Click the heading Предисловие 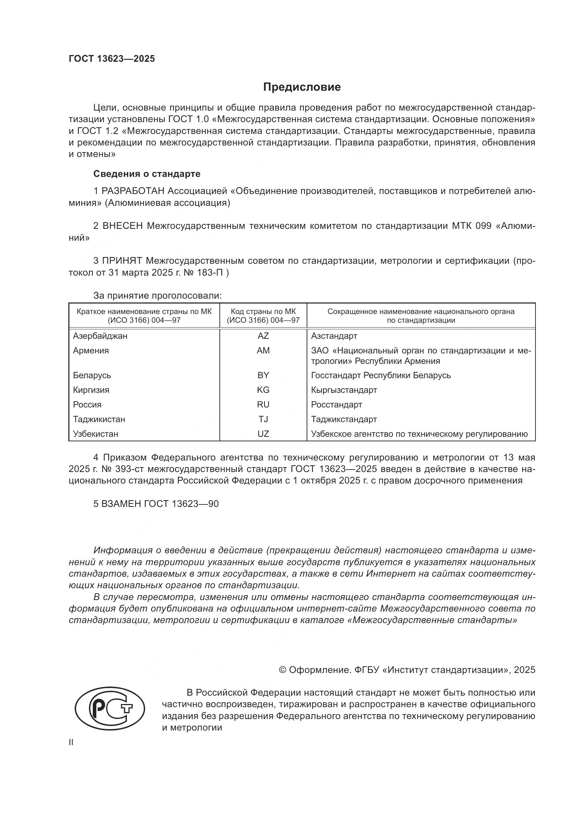[x=302, y=87]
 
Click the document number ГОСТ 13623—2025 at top [x=112, y=59]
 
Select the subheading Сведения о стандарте [x=147, y=174]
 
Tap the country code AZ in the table [x=263, y=336]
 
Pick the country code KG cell [x=263, y=390]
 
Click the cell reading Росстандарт [x=336, y=404]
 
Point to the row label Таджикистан [x=99, y=419]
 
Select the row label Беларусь [x=92, y=375]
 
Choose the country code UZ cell [x=263, y=434]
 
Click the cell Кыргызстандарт [x=344, y=390]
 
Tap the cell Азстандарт [x=334, y=336]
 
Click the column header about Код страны [x=263, y=316]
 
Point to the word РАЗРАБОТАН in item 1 [x=133, y=191]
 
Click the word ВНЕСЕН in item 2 [x=122, y=226]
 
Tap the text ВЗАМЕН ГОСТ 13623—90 [x=156, y=504]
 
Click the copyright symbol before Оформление [x=283, y=670]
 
